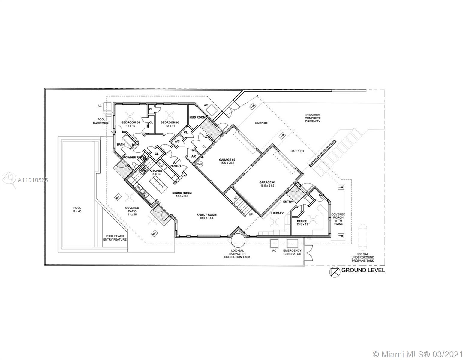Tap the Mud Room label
pyautogui.click(x=197, y=117)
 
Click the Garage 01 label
pyautogui.click(x=267, y=182)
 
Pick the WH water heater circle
pyautogui.click(x=199, y=164)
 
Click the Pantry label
pyautogui.click(x=175, y=166)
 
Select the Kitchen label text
pyautogui.click(x=156, y=171)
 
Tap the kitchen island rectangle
pyautogui.click(x=158, y=184)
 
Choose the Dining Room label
pyautogui.click(x=182, y=193)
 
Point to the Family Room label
pyautogui.click(x=206, y=214)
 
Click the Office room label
pyautogui.click(x=302, y=221)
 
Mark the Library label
pyautogui.click(x=277, y=213)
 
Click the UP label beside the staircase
pyautogui.click(x=251, y=215)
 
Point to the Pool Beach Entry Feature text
pyautogui.click(x=115, y=238)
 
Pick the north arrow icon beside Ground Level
pyautogui.click(x=335, y=272)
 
